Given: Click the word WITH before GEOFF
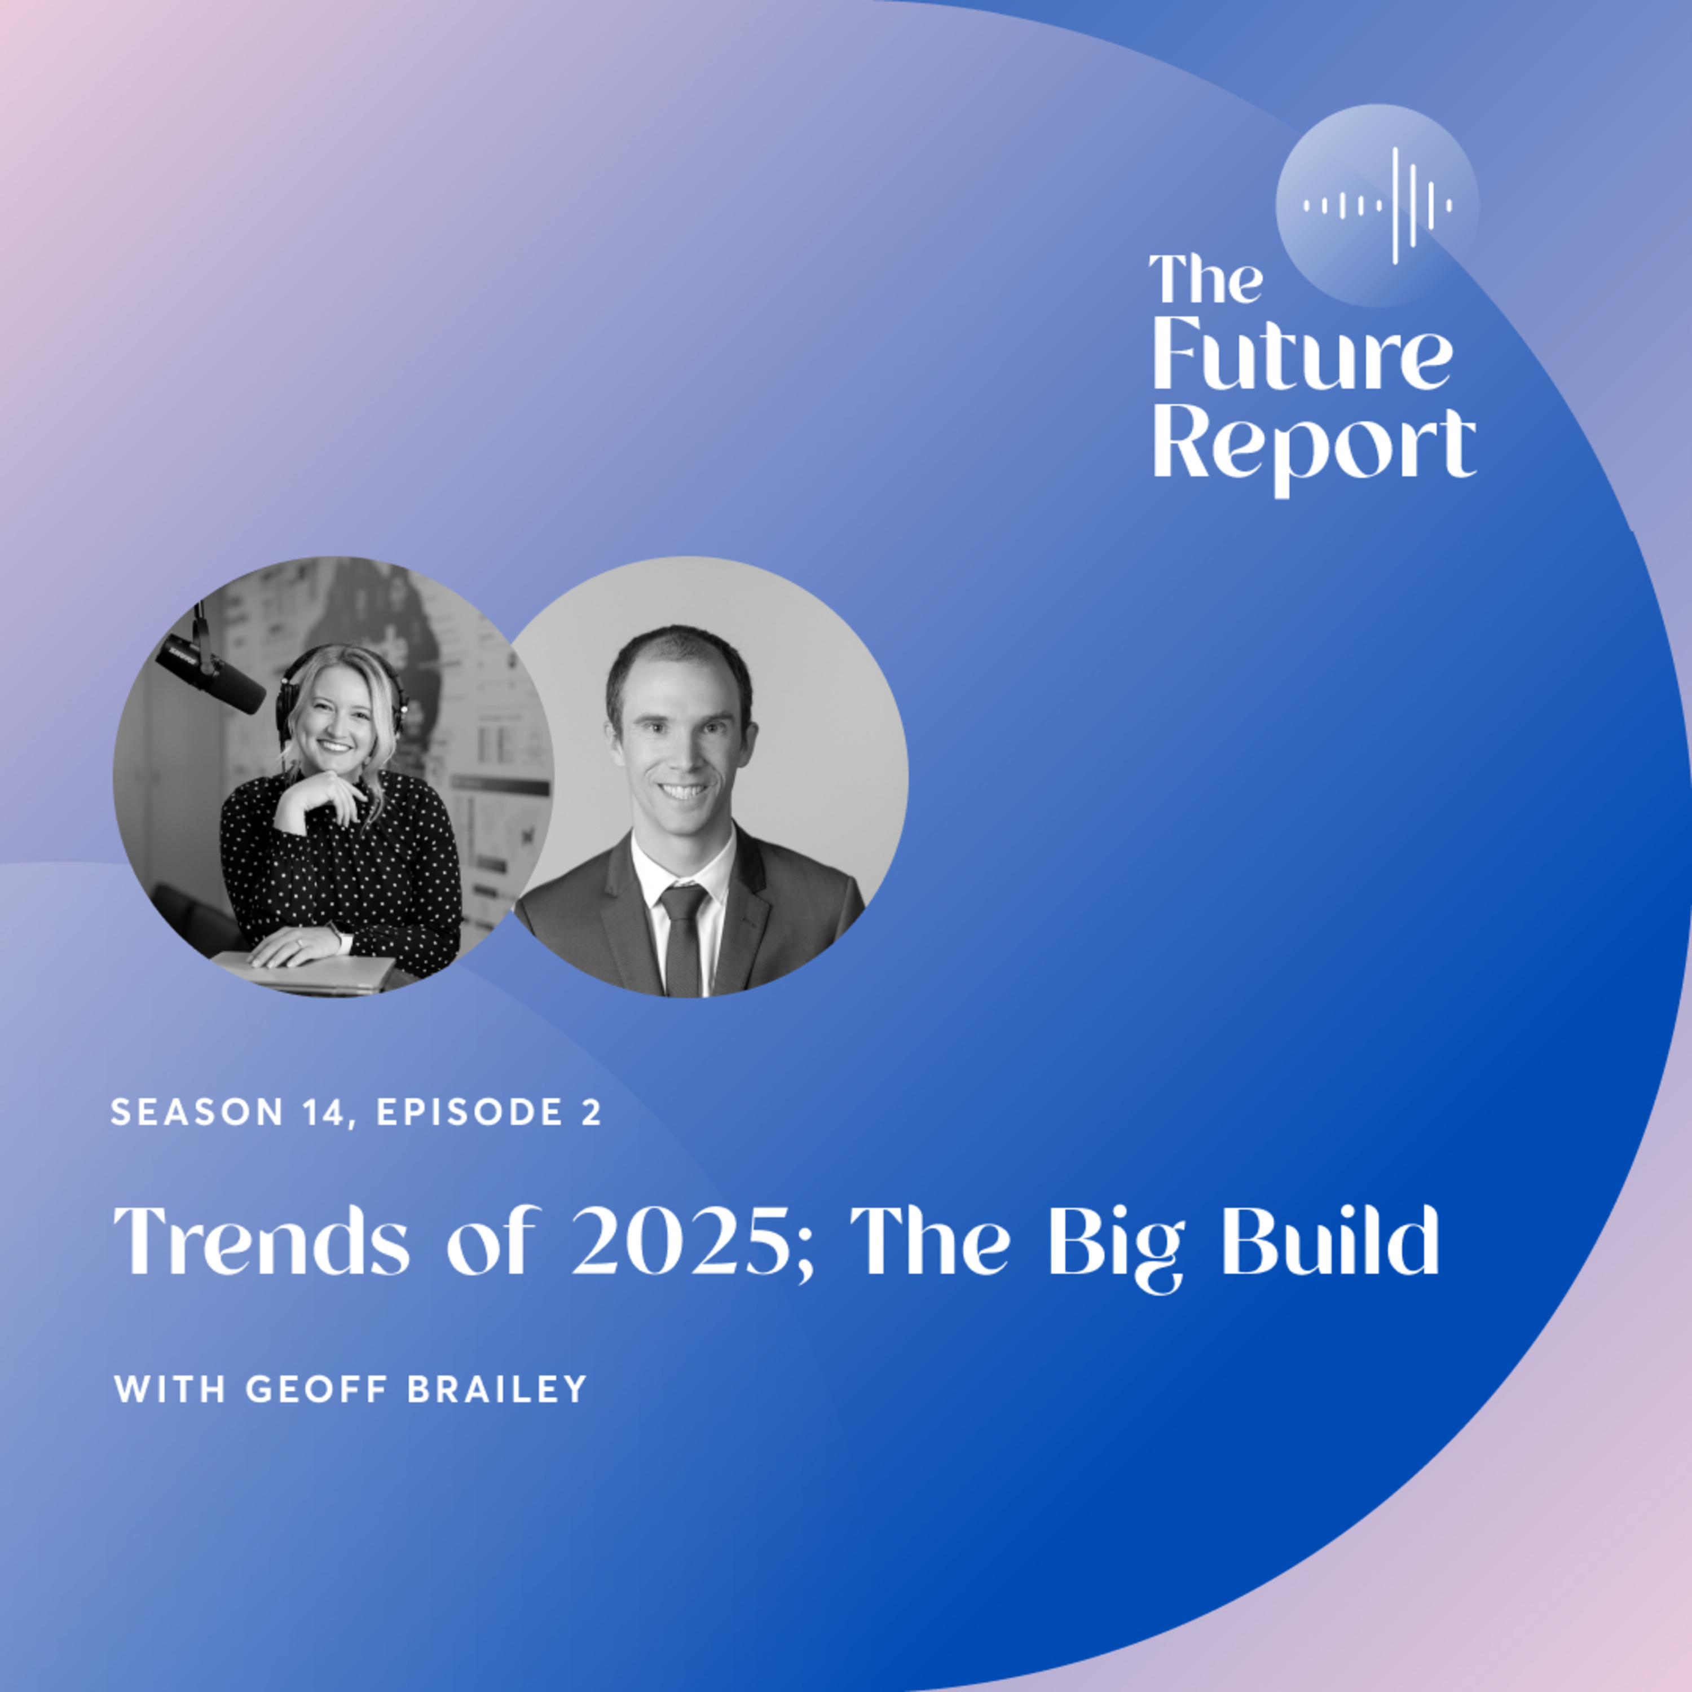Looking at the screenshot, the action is [171, 1389].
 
